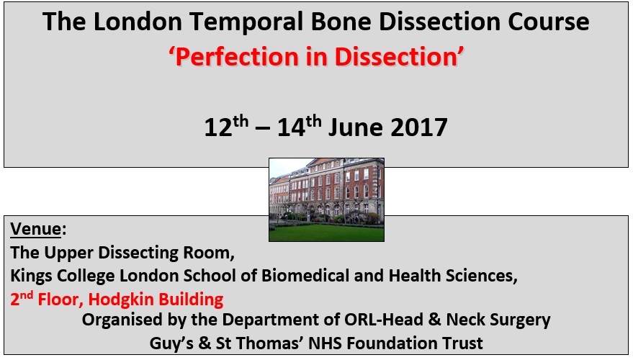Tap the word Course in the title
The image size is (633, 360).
pos(548,22)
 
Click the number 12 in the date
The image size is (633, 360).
pos(218,128)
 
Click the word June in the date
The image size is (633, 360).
pos(355,127)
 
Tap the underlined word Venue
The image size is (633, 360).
pos(36,229)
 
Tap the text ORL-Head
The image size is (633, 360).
pos(384,320)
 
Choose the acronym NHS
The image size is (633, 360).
pos(325,343)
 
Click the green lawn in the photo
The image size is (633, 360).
pos(326,233)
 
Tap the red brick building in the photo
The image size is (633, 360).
pos(327,188)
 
